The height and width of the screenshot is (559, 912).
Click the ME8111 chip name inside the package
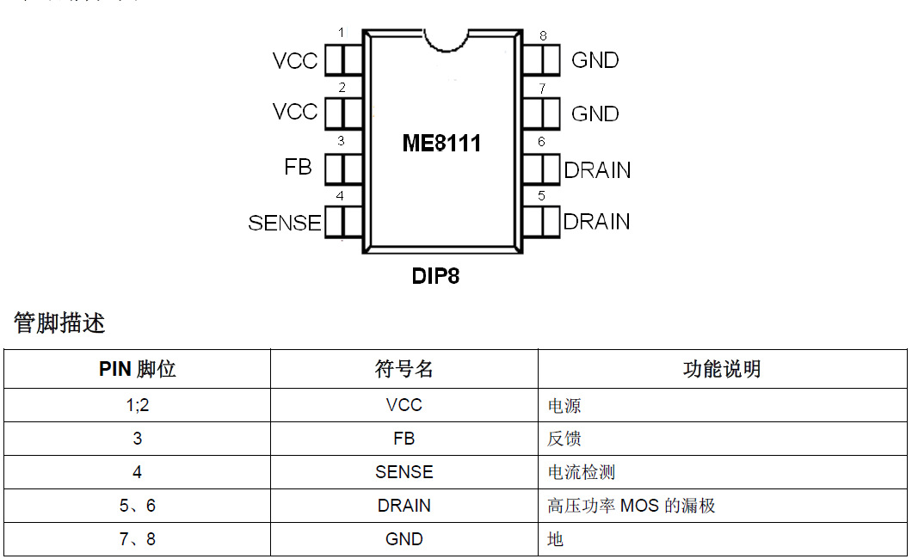coord(441,143)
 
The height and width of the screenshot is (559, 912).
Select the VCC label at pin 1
coord(295,61)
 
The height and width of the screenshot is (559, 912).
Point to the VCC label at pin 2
coord(295,112)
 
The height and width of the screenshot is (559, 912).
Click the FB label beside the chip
coord(298,167)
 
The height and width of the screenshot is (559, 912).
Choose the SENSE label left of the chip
coord(285,223)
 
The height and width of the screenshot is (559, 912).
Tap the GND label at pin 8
coord(595,60)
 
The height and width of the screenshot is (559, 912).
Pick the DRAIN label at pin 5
coord(596,222)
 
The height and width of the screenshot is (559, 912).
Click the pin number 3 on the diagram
coord(341,141)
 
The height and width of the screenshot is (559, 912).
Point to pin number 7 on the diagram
coord(542,88)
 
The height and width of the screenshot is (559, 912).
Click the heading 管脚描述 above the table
coord(59,323)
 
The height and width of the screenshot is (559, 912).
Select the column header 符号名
coord(404,369)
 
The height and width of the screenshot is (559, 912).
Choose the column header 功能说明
coord(722,369)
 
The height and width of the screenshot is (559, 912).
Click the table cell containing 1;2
coord(137,405)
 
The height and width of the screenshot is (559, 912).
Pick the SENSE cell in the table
coord(404,472)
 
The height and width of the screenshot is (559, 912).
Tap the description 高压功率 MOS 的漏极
coord(632,506)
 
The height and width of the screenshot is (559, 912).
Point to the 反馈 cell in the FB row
coord(564,439)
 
